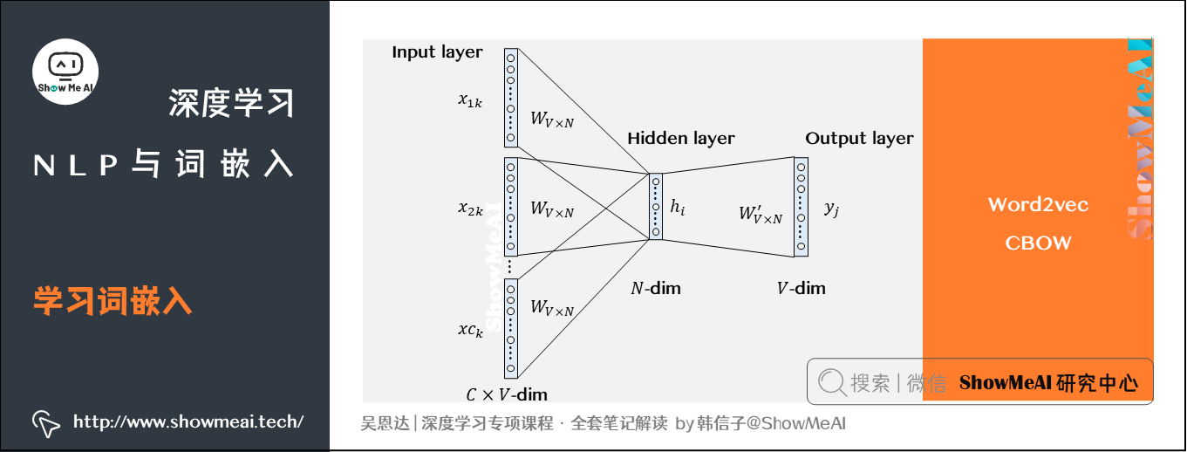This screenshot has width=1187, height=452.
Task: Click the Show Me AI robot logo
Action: [65, 72]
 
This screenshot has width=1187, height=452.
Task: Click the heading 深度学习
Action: [231, 104]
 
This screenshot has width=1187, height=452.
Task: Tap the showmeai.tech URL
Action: [188, 422]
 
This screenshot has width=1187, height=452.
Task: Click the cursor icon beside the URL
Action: [45, 422]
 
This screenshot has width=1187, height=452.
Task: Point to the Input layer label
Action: [437, 52]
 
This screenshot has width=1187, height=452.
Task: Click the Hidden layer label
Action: [680, 138]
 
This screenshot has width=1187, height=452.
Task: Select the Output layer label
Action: [859, 138]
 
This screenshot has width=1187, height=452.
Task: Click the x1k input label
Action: [470, 99]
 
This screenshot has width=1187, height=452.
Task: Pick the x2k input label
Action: [470, 209]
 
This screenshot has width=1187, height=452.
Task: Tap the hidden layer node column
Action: [655, 207]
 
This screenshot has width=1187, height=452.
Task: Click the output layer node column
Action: [801, 207]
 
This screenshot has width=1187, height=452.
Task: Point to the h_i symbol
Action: [678, 207]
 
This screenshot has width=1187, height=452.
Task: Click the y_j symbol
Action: [831, 209]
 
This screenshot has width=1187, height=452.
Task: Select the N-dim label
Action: [655, 288]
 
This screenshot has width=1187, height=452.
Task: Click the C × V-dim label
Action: [507, 394]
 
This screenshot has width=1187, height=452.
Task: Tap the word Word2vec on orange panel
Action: [1038, 205]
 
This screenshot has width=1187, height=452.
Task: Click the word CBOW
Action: [1038, 243]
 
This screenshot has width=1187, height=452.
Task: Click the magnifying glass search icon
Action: [832, 382]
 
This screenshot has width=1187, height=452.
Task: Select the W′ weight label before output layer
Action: [760, 215]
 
